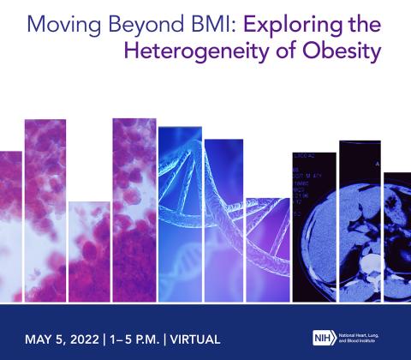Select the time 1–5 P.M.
point(134,338)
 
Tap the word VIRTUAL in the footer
point(196,338)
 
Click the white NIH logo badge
point(323,337)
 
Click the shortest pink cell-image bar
point(89,253)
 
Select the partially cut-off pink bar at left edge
point(10,227)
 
